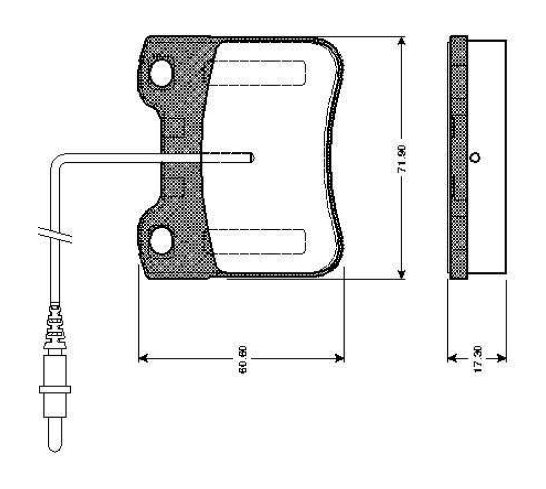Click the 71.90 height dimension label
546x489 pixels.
click(402, 160)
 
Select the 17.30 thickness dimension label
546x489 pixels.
click(477, 360)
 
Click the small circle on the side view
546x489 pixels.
click(475, 158)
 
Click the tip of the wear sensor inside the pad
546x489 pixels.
click(252, 158)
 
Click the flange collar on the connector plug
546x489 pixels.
click(55, 389)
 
